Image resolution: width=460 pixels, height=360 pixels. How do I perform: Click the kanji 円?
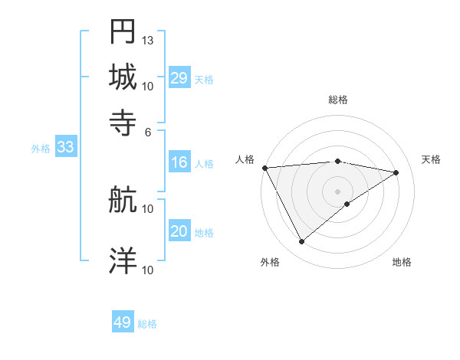pos(123,31)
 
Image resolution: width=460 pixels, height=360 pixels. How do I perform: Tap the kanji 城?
pos(123,77)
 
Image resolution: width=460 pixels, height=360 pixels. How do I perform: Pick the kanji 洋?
pos(123,261)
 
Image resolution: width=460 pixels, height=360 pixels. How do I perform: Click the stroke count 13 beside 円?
pos(148,40)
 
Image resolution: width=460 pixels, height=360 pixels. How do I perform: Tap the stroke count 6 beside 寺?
pos(148,131)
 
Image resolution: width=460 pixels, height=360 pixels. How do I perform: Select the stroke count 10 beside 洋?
pos(148,270)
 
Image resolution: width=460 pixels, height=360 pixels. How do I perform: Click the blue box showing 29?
pos(179,78)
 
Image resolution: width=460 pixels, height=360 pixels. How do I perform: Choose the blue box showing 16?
pos(179,162)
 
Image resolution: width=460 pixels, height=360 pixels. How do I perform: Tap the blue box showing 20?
pos(179,232)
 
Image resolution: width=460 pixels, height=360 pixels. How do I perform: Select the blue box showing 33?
pos(64,148)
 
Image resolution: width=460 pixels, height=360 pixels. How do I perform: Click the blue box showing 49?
pos(122,322)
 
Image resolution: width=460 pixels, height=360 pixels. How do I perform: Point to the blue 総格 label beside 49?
pos(147,324)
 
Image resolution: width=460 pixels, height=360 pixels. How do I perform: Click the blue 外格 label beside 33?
pos(41,149)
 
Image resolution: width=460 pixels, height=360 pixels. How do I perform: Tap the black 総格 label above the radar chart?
pos(337,100)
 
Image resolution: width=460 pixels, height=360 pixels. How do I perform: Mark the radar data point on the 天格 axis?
pos(396,172)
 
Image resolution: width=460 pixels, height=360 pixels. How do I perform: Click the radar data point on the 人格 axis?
pos(264,168)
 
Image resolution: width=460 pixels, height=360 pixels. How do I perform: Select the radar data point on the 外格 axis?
pos(301,242)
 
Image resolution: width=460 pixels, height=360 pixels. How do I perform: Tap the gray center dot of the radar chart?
pos(337,191)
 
